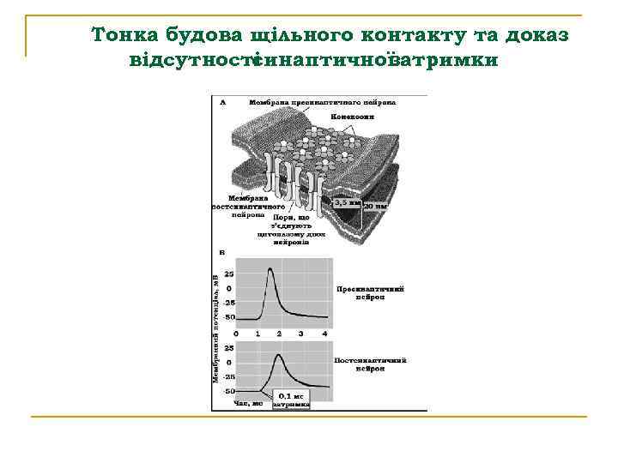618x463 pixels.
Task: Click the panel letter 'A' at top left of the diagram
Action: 224,101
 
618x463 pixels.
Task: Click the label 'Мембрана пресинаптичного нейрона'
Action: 322,102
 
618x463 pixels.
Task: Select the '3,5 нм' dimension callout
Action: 346,203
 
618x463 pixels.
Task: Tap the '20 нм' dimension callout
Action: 376,207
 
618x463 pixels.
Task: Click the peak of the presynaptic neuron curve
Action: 271,269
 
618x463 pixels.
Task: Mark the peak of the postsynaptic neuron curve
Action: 278,354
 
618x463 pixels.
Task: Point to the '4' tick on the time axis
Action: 324,332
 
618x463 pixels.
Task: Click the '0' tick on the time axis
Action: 236,332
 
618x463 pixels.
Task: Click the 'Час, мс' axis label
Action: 248,402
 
